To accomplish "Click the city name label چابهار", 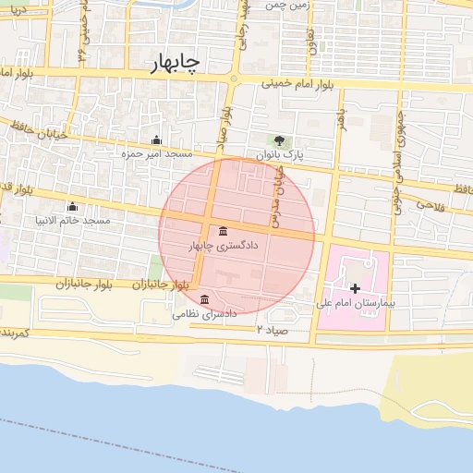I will tap(176, 63).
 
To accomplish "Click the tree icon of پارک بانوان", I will tap(280, 139).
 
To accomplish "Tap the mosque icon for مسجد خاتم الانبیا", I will tap(72, 206).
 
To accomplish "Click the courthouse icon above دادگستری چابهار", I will tap(223, 232).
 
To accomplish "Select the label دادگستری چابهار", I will tap(224, 247).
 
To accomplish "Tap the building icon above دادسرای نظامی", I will tap(204, 299).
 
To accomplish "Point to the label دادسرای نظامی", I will tap(204, 314).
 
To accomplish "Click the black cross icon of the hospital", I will tap(355, 289).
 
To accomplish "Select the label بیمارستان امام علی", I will tap(355, 303).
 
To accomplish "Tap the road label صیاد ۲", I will tap(273, 329).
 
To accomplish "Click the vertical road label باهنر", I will tap(340, 118).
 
